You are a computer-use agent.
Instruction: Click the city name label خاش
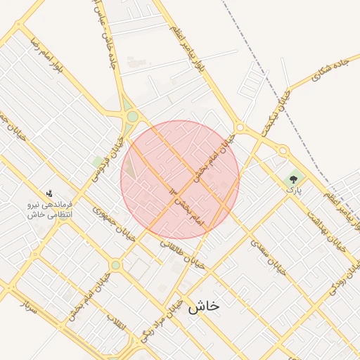pos(205,306)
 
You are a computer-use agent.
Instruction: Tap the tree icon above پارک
pos(292,180)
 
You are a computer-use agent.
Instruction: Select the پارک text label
pos(293,191)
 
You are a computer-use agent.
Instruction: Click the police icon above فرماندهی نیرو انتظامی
pos(49,193)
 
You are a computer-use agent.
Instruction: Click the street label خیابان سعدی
pos(268,256)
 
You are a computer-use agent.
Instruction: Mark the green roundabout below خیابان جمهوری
pos(115,265)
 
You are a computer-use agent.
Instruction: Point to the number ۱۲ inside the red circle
pos(174,191)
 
